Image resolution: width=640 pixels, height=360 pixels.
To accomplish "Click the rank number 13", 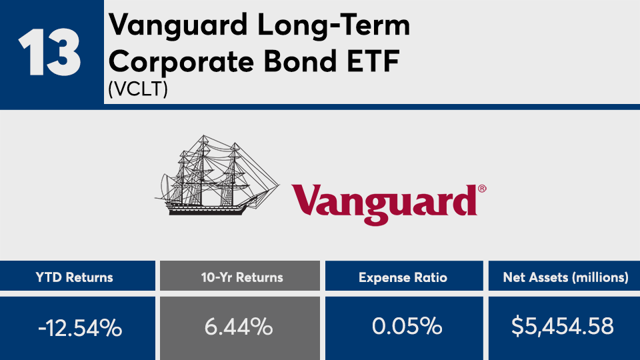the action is pyautogui.click(x=49, y=52).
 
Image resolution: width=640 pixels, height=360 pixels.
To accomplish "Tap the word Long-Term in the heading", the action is pyautogui.click(x=333, y=25).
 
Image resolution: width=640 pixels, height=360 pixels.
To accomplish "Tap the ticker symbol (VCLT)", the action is pyautogui.click(x=138, y=89).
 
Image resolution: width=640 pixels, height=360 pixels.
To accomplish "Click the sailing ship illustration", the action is pyautogui.click(x=216, y=175).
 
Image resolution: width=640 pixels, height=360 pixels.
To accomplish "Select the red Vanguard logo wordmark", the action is pyautogui.click(x=384, y=204).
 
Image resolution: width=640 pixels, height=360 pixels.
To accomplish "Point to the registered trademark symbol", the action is pyautogui.click(x=482, y=189).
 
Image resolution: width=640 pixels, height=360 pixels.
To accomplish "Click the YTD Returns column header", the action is pyautogui.click(x=74, y=277).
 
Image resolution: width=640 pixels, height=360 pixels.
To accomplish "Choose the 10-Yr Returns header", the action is pyautogui.click(x=242, y=277).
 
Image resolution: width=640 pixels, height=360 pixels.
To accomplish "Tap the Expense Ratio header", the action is pyautogui.click(x=403, y=278).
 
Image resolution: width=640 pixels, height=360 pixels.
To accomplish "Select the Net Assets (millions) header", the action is pyautogui.click(x=566, y=277).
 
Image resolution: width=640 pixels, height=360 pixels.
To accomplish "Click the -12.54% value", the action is pyautogui.click(x=80, y=328).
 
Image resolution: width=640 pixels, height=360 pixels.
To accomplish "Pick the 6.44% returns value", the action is pyautogui.click(x=239, y=327).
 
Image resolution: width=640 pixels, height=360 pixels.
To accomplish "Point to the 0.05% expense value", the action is pyautogui.click(x=407, y=326).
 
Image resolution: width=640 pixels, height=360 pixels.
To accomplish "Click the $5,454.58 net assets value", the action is pyautogui.click(x=563, y=326).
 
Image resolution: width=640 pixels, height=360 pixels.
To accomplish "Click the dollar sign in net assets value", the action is pyautogui.click(x=517, y=326).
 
